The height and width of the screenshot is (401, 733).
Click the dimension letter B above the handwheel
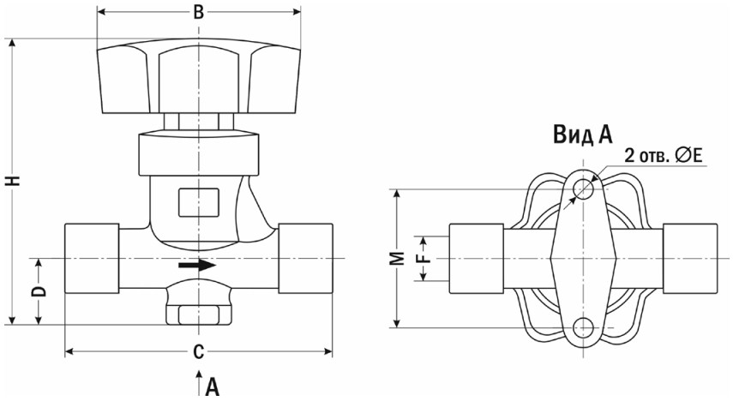(199, 12)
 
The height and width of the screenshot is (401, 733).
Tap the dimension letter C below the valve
(199, 352)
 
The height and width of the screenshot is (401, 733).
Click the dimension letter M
(397, 258)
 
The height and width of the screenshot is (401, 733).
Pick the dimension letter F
(423, 259)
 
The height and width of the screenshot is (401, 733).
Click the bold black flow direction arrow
(197, 266)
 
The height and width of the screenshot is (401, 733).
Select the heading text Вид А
(582, 135)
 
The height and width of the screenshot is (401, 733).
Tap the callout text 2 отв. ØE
(664, 156)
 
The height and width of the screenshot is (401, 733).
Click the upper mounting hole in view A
(584, 189)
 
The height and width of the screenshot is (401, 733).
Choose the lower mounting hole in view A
(584, 327)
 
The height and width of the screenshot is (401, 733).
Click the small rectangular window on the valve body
(199, 202)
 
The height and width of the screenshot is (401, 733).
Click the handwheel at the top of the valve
(199, 77)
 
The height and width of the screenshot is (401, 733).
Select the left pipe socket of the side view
(92, 259)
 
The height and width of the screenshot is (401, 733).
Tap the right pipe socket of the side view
(306, 259)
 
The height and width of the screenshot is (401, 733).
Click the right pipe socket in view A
(690, 259)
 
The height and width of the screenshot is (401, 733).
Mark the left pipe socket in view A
(477, 259)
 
